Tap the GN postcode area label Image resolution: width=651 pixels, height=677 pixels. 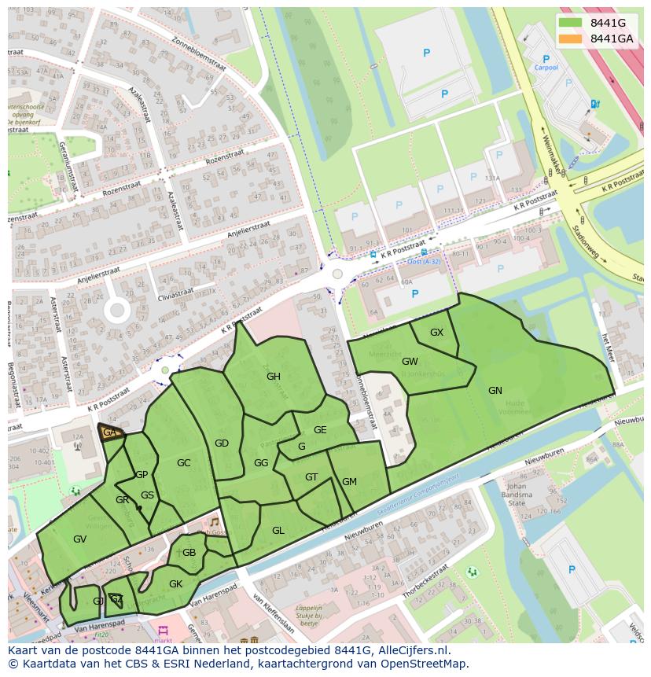[495, 391]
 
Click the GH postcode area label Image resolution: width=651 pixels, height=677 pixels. [273, 377]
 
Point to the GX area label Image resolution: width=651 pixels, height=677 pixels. [436, 333]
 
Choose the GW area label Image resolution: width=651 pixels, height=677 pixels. [410, 362]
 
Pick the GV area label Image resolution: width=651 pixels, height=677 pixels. [79, 539]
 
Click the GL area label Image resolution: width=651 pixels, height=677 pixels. [278, 531]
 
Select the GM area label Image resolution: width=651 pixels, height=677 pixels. [349, 482]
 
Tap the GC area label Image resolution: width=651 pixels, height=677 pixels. [183, 463]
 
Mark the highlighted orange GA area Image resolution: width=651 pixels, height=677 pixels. [110, 432]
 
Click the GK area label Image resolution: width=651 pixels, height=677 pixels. [175, 583]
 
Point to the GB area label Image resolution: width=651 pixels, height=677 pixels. [189, 553]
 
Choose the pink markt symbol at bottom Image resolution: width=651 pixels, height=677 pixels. [164, 631]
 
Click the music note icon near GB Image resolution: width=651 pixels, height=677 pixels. [213, 522]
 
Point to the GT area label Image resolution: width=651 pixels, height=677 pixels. [311, 477]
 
